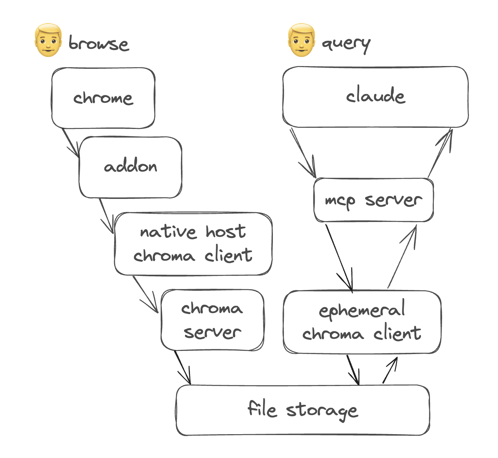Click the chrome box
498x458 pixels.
point(103,98)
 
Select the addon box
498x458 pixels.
point(131,167)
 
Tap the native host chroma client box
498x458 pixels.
point(193,244)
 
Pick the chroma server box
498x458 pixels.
point(212,320)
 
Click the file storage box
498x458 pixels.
point(303,410)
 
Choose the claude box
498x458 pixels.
point(375,97)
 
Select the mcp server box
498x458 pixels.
point(373,200)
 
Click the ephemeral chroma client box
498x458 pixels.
point(362,322)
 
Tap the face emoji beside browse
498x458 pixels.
point(48,40)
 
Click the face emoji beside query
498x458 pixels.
point(301,40)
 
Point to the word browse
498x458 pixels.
point(99,43)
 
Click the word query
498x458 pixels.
point(346,44)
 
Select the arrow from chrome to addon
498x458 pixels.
point(71,143)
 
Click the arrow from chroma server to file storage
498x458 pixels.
point(182,367)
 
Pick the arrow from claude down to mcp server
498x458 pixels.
point(303,153)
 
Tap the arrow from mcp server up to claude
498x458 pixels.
point(440,152)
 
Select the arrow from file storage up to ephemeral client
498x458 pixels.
point(390,370)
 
